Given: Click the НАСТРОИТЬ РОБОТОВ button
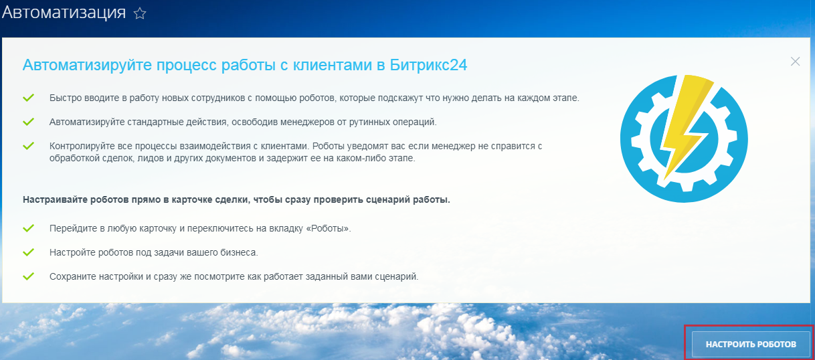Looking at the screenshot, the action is pyautogui.click(x=751, y=344).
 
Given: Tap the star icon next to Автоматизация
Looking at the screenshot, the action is pyautogui.click(x=140, y=14).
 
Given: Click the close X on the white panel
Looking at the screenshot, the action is pyautogui.click(x=795, y=62).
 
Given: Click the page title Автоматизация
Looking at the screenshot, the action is pyautogui.click(x=64, y=13).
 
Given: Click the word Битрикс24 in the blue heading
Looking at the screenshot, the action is pyautogui.click(x=428, y=65).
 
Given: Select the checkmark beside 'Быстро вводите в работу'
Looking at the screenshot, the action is pyautogui.click(x=28, y=98).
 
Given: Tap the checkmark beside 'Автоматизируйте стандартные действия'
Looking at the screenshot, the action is pyautogui.click(x=28, y=122).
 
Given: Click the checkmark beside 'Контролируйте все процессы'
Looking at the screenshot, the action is pyautogui.click(x=28, y=146).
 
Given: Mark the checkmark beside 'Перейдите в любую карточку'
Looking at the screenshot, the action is pyautogui.click(x=28, y=228).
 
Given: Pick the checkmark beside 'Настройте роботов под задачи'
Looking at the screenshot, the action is pyautogui.click(x=28, y=252).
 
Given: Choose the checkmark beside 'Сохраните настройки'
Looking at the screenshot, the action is pyautogui.click(x=28, y=276).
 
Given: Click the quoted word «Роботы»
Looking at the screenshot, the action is pyautogui.click(x=328, y=228).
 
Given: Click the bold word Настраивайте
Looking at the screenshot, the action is pyautogui.click(x=55, y=199).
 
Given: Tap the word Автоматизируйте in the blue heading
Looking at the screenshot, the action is pyautogui.click(x=86, y=66).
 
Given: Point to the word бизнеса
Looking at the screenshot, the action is pyautogui.click(x=239, y=252).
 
